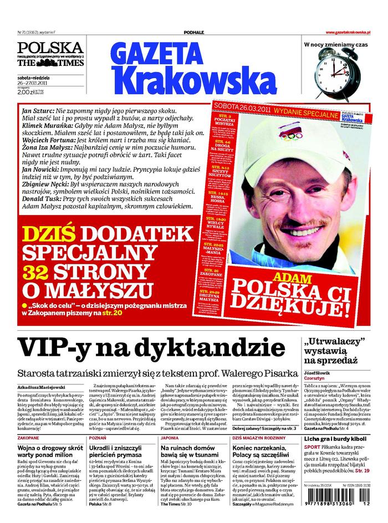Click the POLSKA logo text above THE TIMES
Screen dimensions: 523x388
pos(50,48)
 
